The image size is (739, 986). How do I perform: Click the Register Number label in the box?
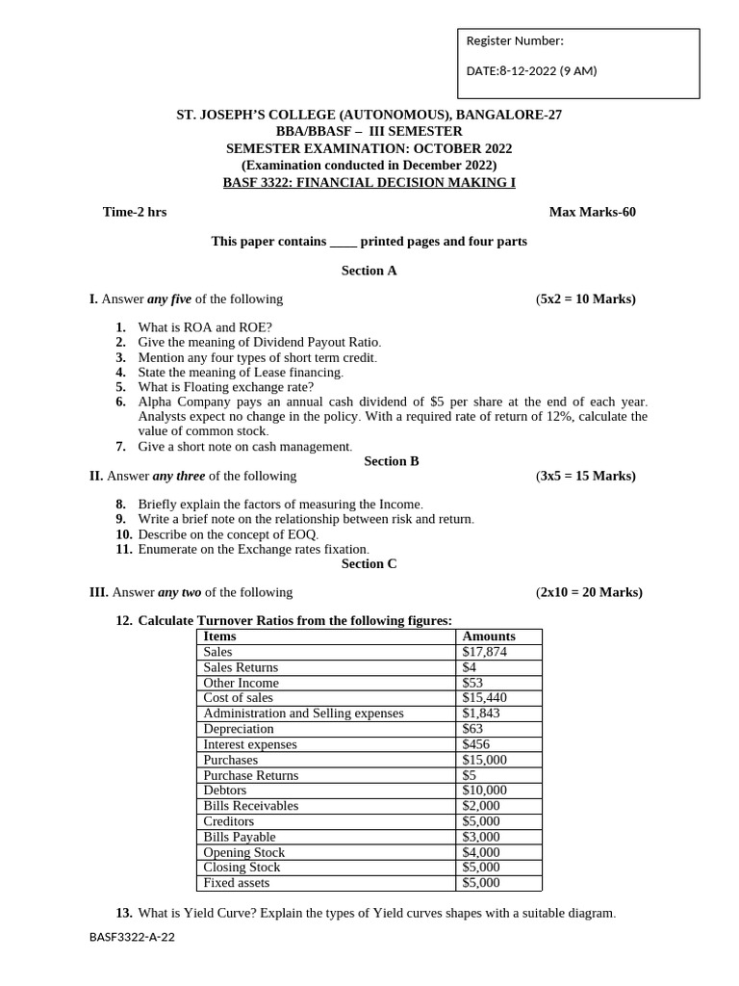515,40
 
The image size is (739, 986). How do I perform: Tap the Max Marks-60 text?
592,212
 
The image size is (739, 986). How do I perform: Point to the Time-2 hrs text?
135,212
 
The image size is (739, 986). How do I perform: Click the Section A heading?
369,271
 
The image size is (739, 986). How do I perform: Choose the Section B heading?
392,461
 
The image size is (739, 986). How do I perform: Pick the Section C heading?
369,564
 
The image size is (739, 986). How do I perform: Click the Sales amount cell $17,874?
484,652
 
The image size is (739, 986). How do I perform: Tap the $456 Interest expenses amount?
475,744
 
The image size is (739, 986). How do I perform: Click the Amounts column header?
489,636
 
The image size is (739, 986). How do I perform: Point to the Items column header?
219,636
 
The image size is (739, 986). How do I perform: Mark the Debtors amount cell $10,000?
484,791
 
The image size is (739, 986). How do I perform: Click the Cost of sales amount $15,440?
484,698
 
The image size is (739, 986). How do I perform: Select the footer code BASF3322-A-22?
133,937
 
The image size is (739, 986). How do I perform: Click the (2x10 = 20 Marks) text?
589,592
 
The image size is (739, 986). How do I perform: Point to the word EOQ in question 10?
301,534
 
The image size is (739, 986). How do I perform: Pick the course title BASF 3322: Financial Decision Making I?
369,181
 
